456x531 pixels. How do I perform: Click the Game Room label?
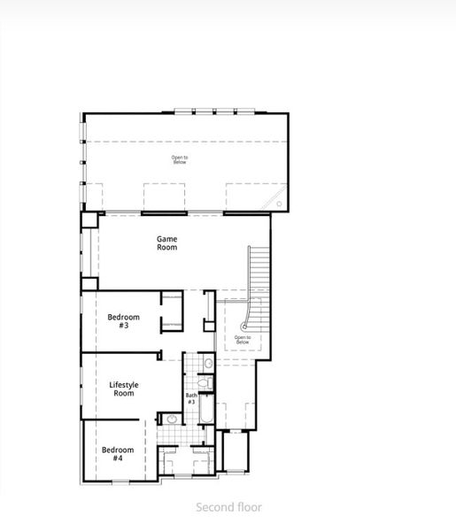[x=166, y=242]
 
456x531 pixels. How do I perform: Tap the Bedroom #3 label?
[x=124, y=321]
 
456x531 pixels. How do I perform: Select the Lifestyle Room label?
[x=122, y=389]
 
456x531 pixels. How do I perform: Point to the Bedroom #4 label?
[x=117, y=453]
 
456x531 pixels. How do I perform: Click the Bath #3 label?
[x=191, y=398]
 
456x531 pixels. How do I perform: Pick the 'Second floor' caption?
[x=228, y=508]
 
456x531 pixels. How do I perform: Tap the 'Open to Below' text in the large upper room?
[x=180, y=159]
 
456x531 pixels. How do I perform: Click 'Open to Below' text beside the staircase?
[x=243, y=339]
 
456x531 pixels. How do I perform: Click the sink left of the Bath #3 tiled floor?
[x=168, y=418]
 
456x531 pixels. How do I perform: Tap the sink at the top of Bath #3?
[x=208, y=363]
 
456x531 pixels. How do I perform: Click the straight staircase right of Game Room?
[x=258, y=274]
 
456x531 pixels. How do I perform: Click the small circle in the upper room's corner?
[x=279, y=204]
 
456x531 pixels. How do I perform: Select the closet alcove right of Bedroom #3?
[x=172, y=312]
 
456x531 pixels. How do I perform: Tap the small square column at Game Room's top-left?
[x=89, y=220]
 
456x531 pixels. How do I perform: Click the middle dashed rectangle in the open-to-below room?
[x=164, y=196]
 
